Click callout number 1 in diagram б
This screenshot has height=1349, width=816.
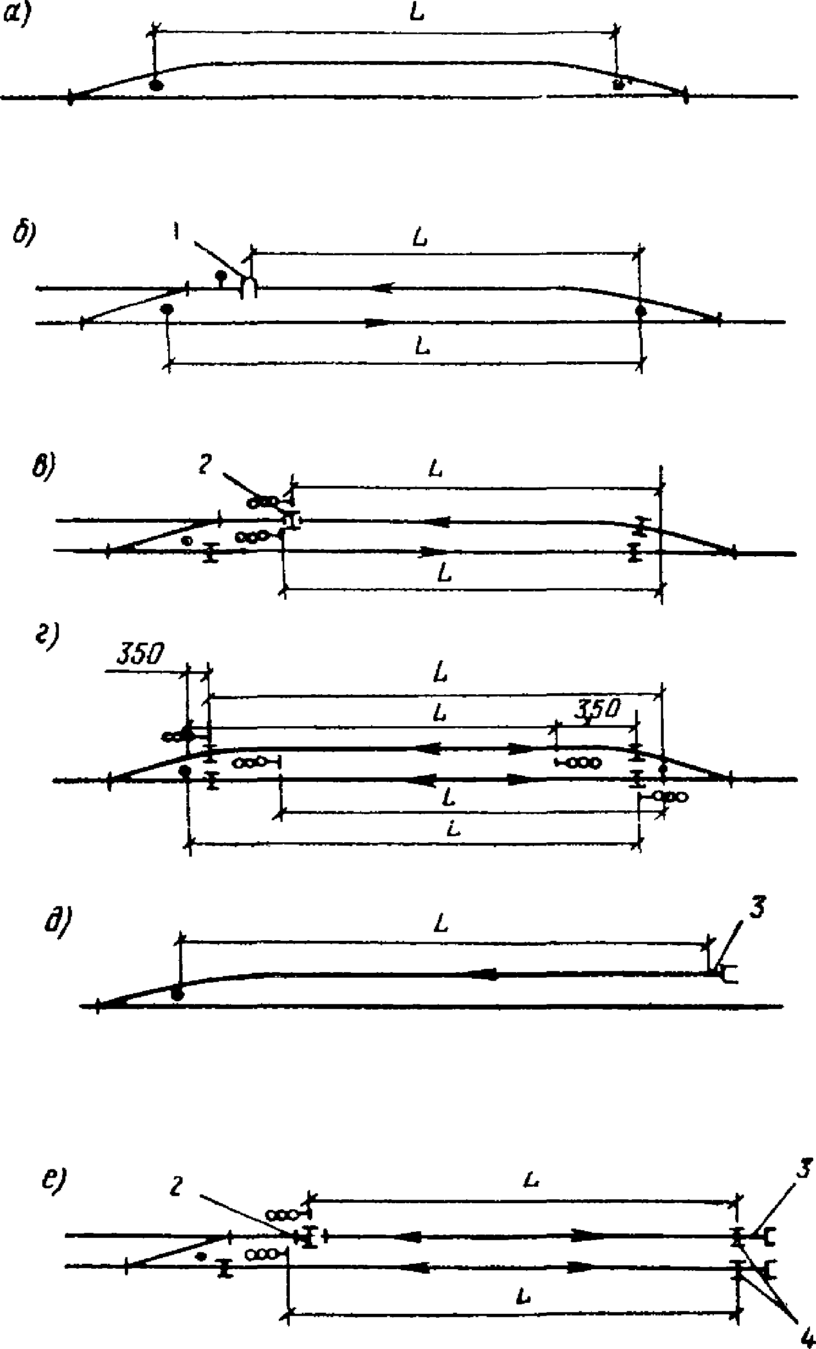click(176, 234)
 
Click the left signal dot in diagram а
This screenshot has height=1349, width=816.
click(157, 85)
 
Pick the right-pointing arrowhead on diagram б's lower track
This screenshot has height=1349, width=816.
click(378, 322)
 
